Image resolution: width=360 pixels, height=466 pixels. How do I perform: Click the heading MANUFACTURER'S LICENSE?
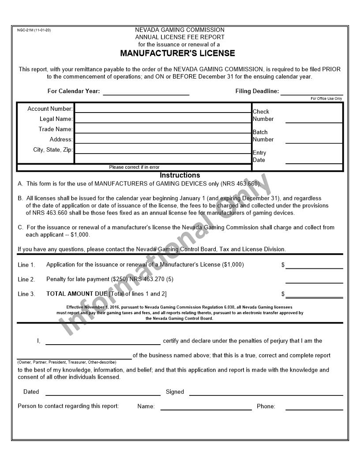[177, 53]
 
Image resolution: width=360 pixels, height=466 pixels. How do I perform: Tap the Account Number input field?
[163, 108]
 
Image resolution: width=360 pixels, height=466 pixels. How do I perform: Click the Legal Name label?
[56, 119]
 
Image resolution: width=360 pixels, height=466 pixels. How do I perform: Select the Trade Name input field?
[163, 129]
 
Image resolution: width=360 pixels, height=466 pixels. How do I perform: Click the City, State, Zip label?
[52, 150]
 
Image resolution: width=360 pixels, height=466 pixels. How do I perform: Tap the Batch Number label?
[263, 135]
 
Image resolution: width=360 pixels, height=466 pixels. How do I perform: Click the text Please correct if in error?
[134, 167]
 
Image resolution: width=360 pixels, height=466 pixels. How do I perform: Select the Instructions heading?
[180, 175]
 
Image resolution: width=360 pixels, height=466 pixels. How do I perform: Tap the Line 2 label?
[26, 279]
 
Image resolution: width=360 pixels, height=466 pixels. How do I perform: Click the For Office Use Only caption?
[326, 99]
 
